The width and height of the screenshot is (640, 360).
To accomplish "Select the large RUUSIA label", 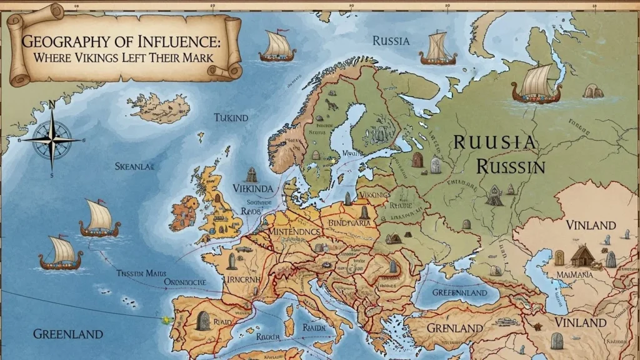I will tap(494, 142).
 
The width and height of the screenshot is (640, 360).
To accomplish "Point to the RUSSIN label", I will tap(510, 166).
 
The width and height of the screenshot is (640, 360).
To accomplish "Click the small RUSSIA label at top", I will tap(391, 41).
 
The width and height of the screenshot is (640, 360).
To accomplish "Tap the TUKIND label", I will tap(231, 117).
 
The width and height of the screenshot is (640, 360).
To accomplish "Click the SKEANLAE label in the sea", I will tap(134, 166).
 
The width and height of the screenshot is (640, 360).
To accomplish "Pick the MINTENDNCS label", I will tap(289, 232).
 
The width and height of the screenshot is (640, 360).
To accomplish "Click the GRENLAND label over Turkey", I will tap(454, 327).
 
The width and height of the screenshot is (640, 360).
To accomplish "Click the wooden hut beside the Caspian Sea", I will tap(583, 256).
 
